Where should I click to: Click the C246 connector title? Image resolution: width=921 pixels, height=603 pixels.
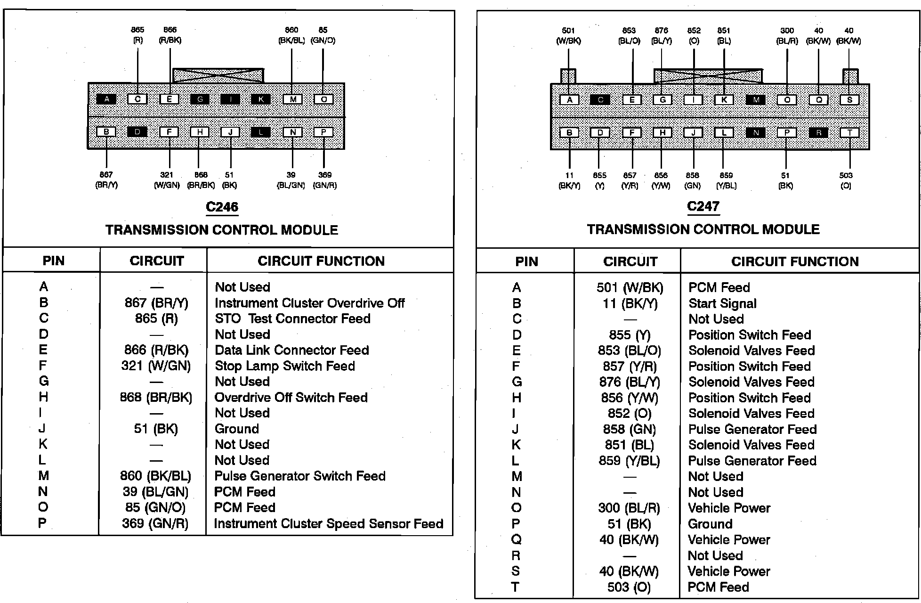[x=222, y=207]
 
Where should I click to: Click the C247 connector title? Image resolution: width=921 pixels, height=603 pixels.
[x=703, y=206]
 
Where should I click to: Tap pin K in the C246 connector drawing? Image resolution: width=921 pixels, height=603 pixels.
[x=260, y=99]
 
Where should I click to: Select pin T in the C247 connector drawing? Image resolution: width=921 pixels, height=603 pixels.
[x=850, y=133]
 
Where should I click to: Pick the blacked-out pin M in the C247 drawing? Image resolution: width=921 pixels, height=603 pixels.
[x=756, y=100]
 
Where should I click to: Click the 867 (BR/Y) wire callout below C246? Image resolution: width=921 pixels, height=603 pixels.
[x=106, y=180]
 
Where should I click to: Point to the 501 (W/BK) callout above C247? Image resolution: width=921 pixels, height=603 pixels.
[x=568, y=36]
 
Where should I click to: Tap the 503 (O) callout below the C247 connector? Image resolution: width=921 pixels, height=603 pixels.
[x=846, y=180]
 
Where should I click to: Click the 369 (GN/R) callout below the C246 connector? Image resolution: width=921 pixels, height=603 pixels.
[x=324, y=180]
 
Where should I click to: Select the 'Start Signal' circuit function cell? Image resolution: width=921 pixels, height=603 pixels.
[x=722, y=303]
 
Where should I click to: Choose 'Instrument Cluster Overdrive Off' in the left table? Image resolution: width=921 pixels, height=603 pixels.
[x=309, y=303]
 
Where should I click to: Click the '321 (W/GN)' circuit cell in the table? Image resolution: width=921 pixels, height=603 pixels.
[x=156, y=366]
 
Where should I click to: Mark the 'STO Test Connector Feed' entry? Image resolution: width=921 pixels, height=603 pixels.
[x=292, y=318]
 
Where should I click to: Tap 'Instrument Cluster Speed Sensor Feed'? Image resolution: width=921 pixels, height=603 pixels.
[x=329, y=523]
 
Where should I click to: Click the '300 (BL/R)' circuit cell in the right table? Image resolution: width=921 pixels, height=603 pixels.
[x=629, y=508]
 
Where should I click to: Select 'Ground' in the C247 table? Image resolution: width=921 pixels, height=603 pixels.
[x=710, y=524]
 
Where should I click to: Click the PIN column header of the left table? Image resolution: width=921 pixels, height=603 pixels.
[x=53, y=261]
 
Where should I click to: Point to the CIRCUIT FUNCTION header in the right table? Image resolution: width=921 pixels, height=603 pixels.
[x=795, y=261]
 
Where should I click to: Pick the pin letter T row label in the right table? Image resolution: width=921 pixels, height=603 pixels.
[x=516, y=587]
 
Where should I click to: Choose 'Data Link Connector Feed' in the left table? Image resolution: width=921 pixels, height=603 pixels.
[x=291, y=350]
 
